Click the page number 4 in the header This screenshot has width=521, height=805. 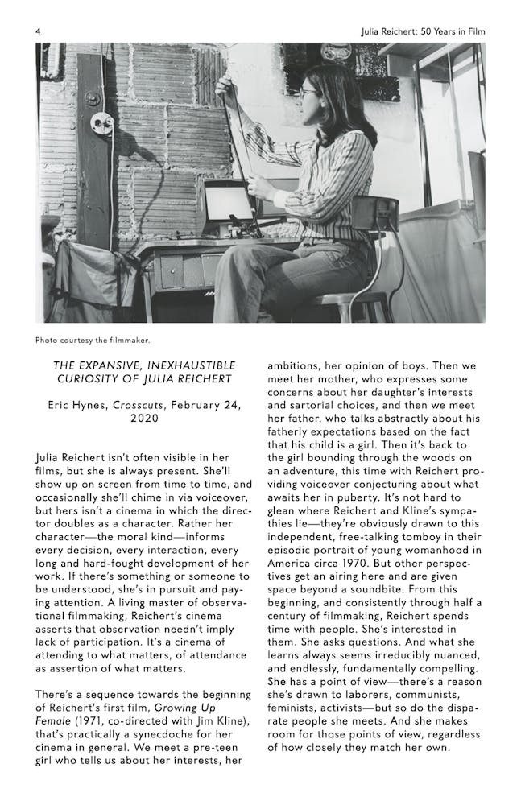coord(38,31)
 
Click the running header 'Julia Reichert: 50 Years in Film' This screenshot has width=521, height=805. coord(423,31)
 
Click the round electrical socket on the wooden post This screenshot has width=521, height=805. coord(102,123)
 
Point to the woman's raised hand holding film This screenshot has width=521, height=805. coord(224,82)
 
